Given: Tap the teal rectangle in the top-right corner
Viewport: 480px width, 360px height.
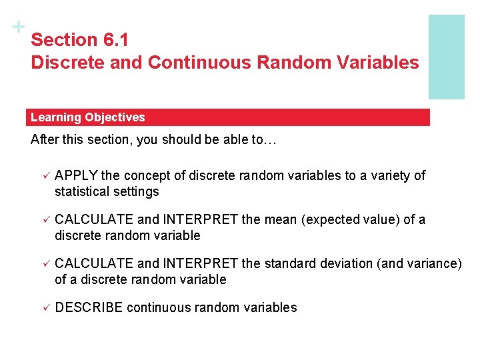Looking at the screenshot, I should click(x=446, y=57).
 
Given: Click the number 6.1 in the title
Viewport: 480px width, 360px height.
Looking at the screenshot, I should click(x=116, y=40).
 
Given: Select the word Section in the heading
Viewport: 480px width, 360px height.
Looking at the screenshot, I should click(x=64, y=40).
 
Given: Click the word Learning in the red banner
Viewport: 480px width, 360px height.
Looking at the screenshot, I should click(x=55, y=117).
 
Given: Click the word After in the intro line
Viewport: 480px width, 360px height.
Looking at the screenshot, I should click(x=45, y=141).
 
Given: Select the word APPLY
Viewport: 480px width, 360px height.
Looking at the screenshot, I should click(x=76, y=176).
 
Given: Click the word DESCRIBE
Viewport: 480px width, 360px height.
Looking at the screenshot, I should click(x=89, y=307).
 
